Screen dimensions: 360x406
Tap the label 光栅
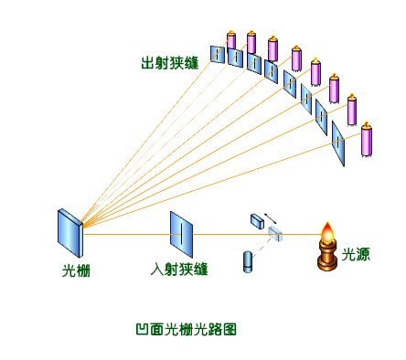pos(76,270)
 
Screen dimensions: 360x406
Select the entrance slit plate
pos(181,234)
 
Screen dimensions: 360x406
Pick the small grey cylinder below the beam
pos(248,260)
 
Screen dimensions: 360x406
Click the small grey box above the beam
pos(256,220)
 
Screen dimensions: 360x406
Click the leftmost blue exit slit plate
pos(218,55)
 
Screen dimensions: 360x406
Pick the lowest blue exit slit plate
pos(338,143)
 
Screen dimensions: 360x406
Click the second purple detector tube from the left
pos(251,44)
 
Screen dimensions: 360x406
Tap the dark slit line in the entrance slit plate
pos(181,235)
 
